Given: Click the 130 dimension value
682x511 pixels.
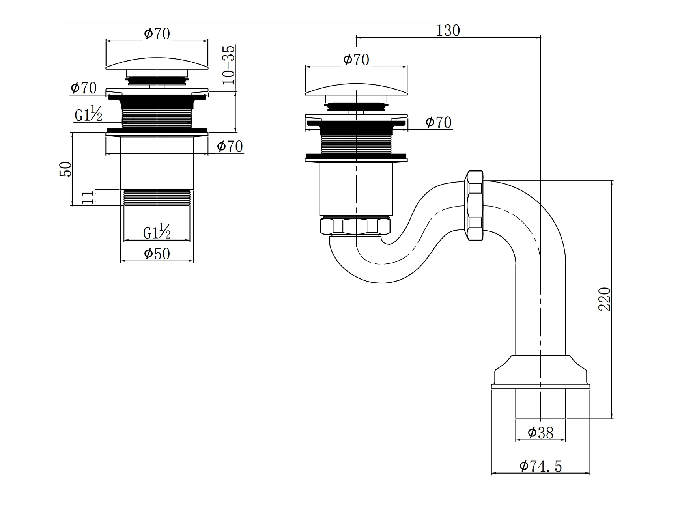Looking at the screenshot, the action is coord(448,30).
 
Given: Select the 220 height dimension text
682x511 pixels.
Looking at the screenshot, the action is coord(604,299).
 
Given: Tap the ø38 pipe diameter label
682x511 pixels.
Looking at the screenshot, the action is coord(540,433).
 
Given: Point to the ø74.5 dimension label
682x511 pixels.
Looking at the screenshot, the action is coord(540,466).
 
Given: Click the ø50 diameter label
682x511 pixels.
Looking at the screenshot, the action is coord(157,254).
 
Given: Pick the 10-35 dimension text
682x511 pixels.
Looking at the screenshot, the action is coord(228,65).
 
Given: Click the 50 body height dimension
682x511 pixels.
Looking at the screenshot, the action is coord(66,169).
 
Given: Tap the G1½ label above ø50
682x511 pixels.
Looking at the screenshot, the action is coord(157,231).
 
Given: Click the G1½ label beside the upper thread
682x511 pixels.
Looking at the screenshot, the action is coord(88,114).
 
